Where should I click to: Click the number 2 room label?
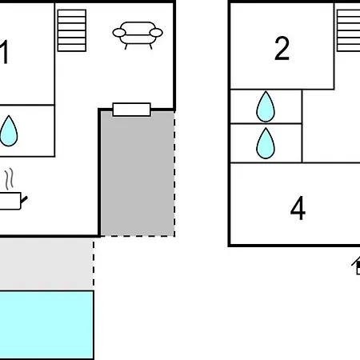tap(282, 48)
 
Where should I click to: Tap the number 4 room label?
tap(298, 208)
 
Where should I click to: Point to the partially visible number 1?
tap(4, 52)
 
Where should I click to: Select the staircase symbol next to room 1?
tap(72, 30)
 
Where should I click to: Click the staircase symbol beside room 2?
tap(348, 30)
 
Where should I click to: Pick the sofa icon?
tap(138, 35)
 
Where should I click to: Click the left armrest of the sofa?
tap(119, 33)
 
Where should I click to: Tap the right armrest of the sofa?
tap(156, 33)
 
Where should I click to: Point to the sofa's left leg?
tap(126, 46)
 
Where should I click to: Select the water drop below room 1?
tap(9, 131)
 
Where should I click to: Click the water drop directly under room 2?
tap(266, 106)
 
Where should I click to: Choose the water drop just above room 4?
tap(266, 143)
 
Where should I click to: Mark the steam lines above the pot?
tap(10, 179)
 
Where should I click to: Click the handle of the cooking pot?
tap(24, 199)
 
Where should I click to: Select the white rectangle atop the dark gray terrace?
tap(132, 110)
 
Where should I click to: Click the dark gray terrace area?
tap(138, 176)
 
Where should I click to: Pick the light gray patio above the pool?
tap(46, 264)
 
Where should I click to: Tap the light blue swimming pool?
tap(46, 325)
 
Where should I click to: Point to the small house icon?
tap(356, 266)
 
